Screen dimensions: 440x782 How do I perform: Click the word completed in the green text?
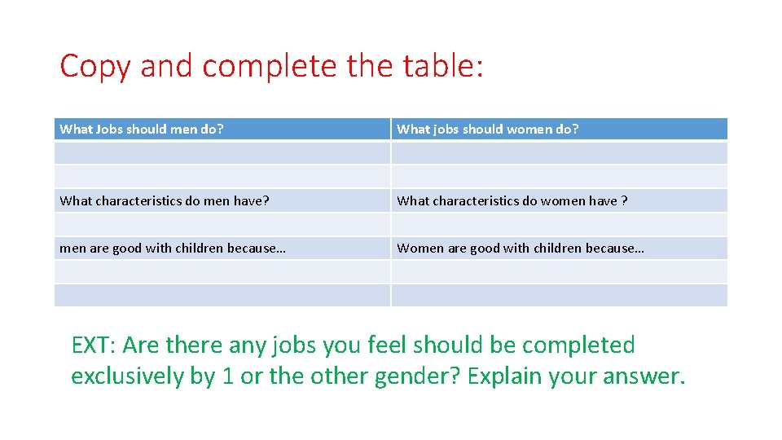[578, 345]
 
